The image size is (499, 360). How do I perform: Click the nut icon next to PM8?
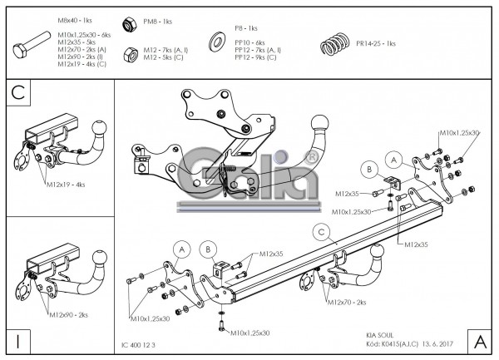pyautogui.click(x=130, y=22)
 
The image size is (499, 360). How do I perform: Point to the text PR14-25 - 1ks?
pyautogui.click(x=376, y=43)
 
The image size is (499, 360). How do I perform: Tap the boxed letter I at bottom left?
pyautogui.click(x=17, y=340)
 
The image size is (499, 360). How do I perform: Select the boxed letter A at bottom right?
pyautogui.click(x=480, y=340)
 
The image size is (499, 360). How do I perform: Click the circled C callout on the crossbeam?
pyautogui.click(x=319, y=232)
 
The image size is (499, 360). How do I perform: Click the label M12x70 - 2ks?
pyautogui.click(x=347, y=302)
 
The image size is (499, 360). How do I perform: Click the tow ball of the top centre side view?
pyautogui.click(x=320, y=126)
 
